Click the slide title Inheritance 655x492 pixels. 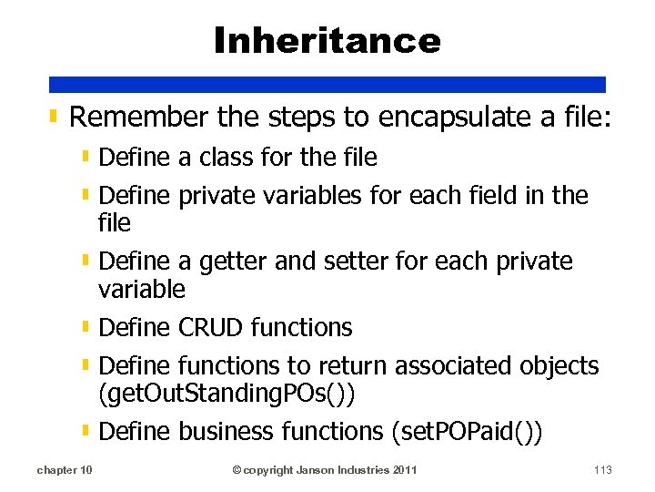click(x=327, y=40)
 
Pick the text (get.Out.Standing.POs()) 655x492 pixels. click(x=227, y=394)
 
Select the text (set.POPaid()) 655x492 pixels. click(x=466, y=432)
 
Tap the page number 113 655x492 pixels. click(x=601, y=470)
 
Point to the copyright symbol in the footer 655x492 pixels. click(x=237, y=470)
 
